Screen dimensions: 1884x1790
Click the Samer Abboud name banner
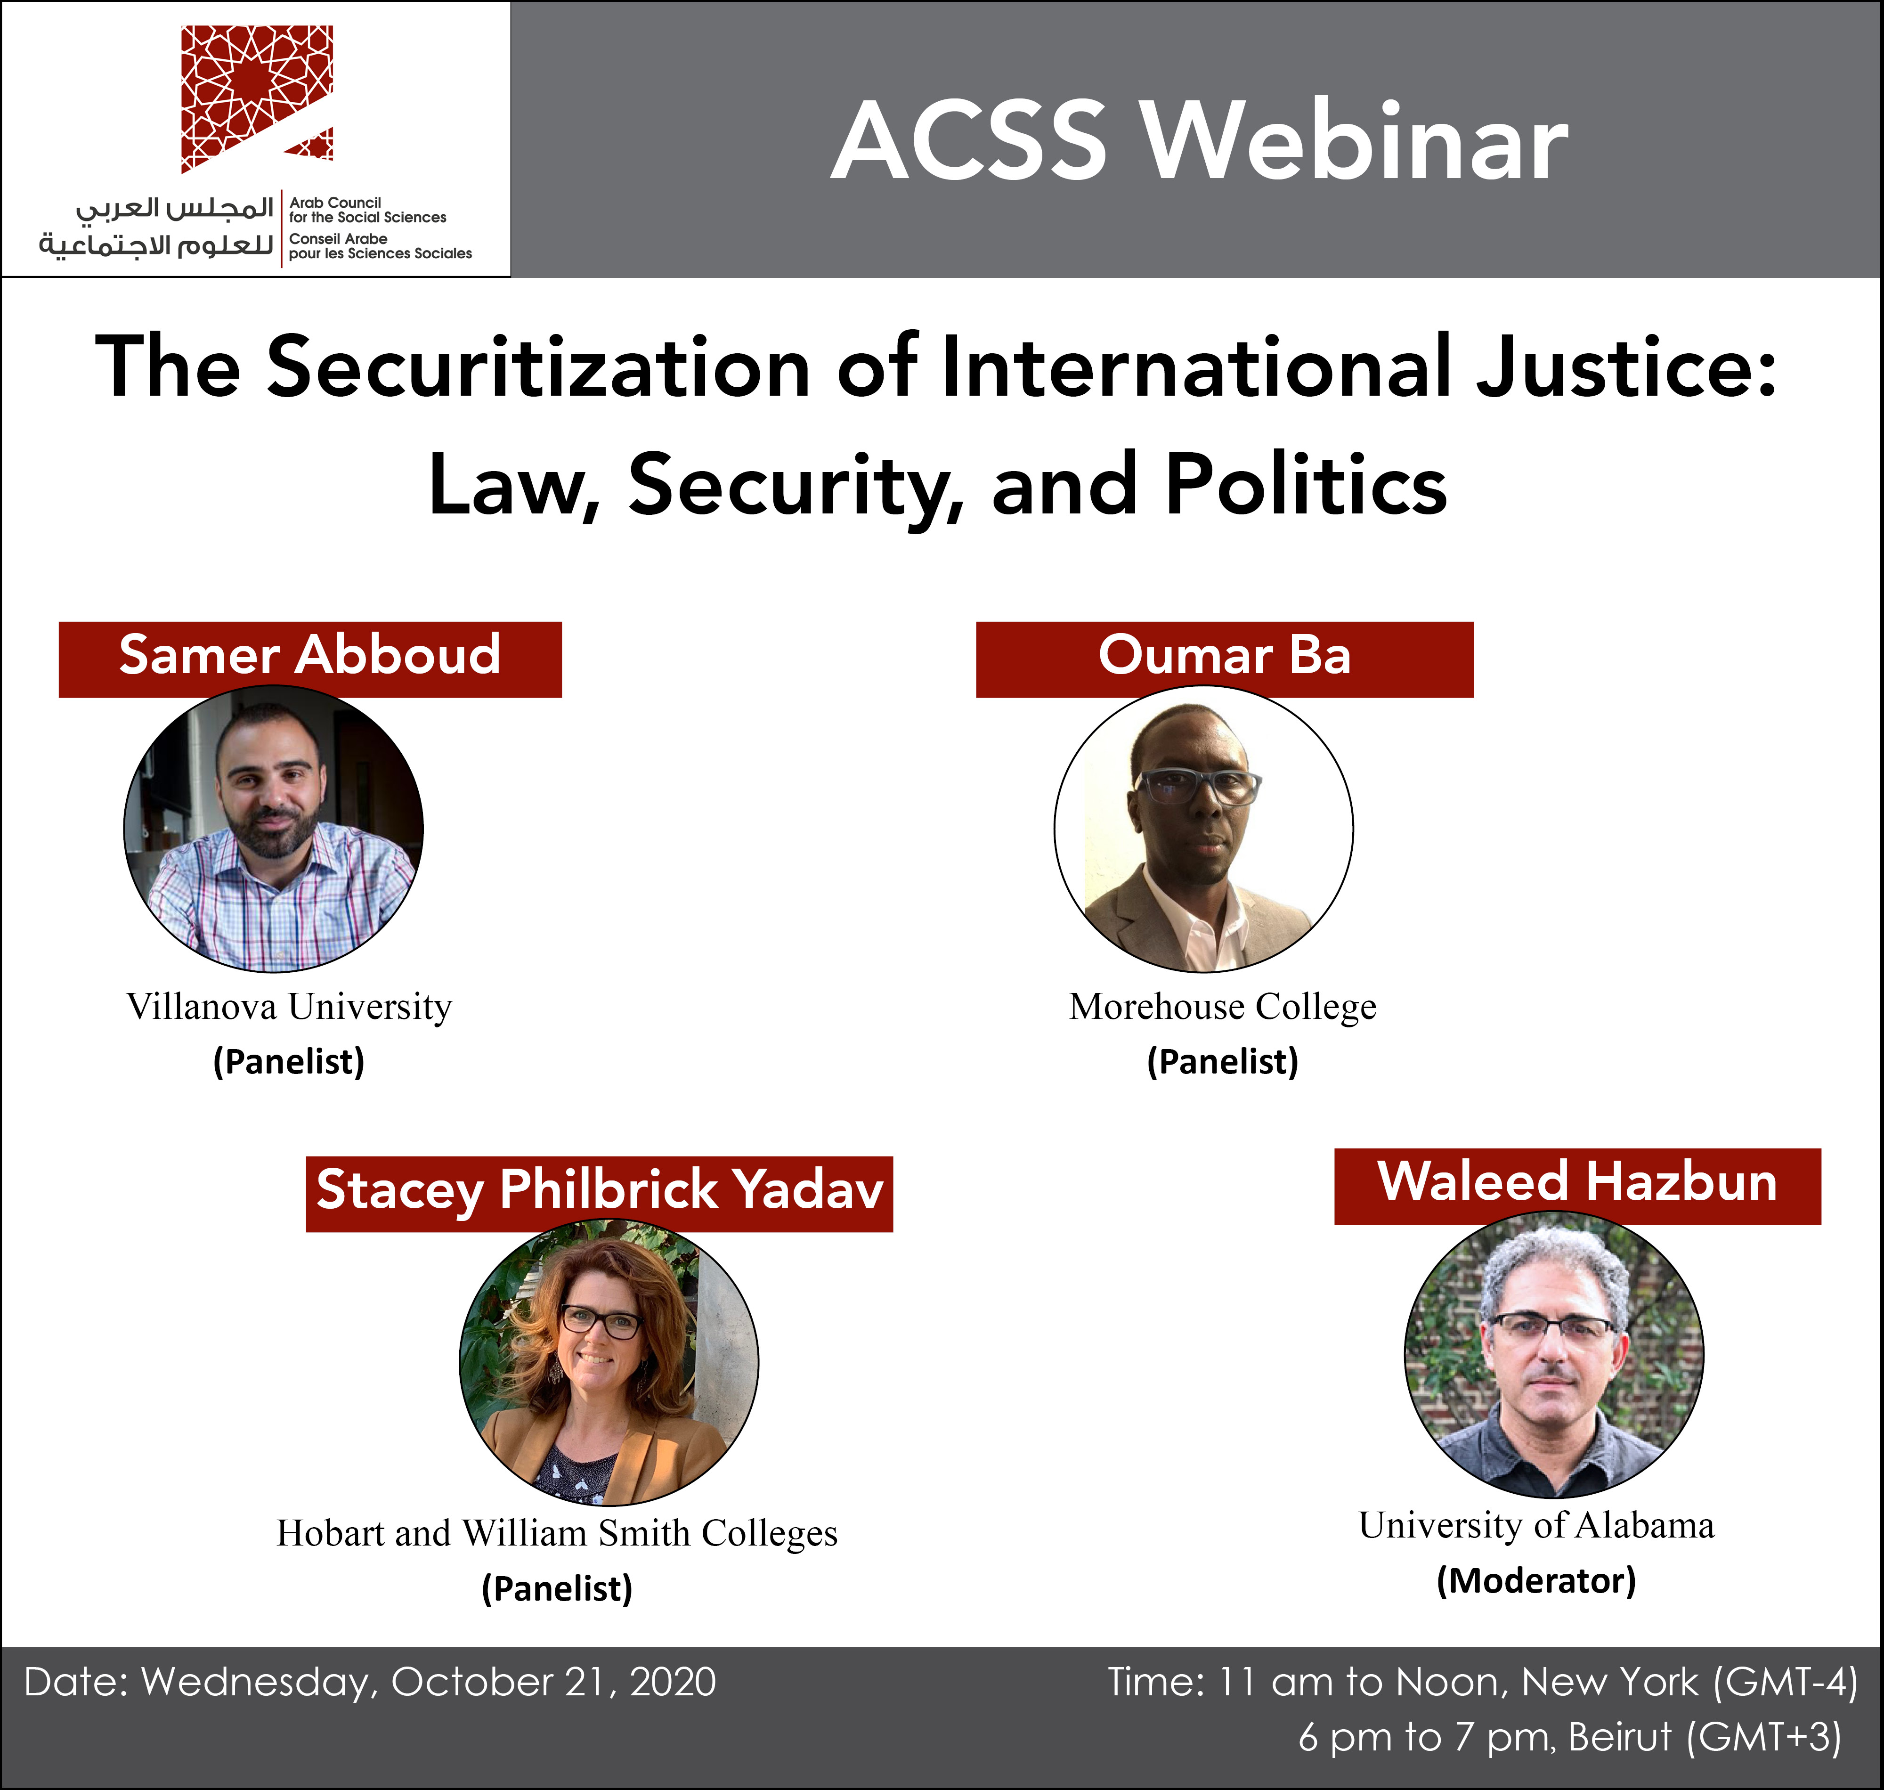point(310,659)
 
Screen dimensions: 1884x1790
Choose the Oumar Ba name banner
point(1225,659)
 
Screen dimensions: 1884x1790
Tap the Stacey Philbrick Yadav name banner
point(599,1194)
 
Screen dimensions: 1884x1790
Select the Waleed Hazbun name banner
point(1577,1186)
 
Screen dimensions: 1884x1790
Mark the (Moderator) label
point(1536,1580)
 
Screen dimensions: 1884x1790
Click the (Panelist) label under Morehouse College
point(1223,1061)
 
